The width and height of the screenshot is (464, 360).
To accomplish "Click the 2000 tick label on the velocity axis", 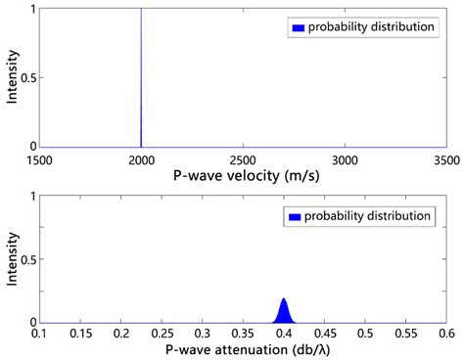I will (141, 158).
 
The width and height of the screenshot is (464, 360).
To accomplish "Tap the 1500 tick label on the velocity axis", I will (40, 158).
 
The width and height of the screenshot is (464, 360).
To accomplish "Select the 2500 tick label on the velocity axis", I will (243, 158).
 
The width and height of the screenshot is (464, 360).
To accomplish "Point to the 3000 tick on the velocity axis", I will (345, 158).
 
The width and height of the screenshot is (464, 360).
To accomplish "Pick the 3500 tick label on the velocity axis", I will (445, 158).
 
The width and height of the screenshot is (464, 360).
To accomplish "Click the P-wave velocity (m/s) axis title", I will (243, 176).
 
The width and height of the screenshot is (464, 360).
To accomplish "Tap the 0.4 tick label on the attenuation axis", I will (284, 334).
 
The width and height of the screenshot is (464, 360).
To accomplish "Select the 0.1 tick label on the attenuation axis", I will (40, 334).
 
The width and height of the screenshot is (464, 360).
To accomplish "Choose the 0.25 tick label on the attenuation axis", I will (162, 334).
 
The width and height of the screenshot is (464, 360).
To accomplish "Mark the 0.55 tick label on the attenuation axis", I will (405, 334).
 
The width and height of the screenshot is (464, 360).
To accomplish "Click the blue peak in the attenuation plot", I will (284, 312).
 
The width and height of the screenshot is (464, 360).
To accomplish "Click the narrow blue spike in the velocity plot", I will (141, 78).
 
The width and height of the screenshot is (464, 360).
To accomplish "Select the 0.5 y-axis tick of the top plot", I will (28, 77).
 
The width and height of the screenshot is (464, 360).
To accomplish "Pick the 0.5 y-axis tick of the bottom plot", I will (28, 259).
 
